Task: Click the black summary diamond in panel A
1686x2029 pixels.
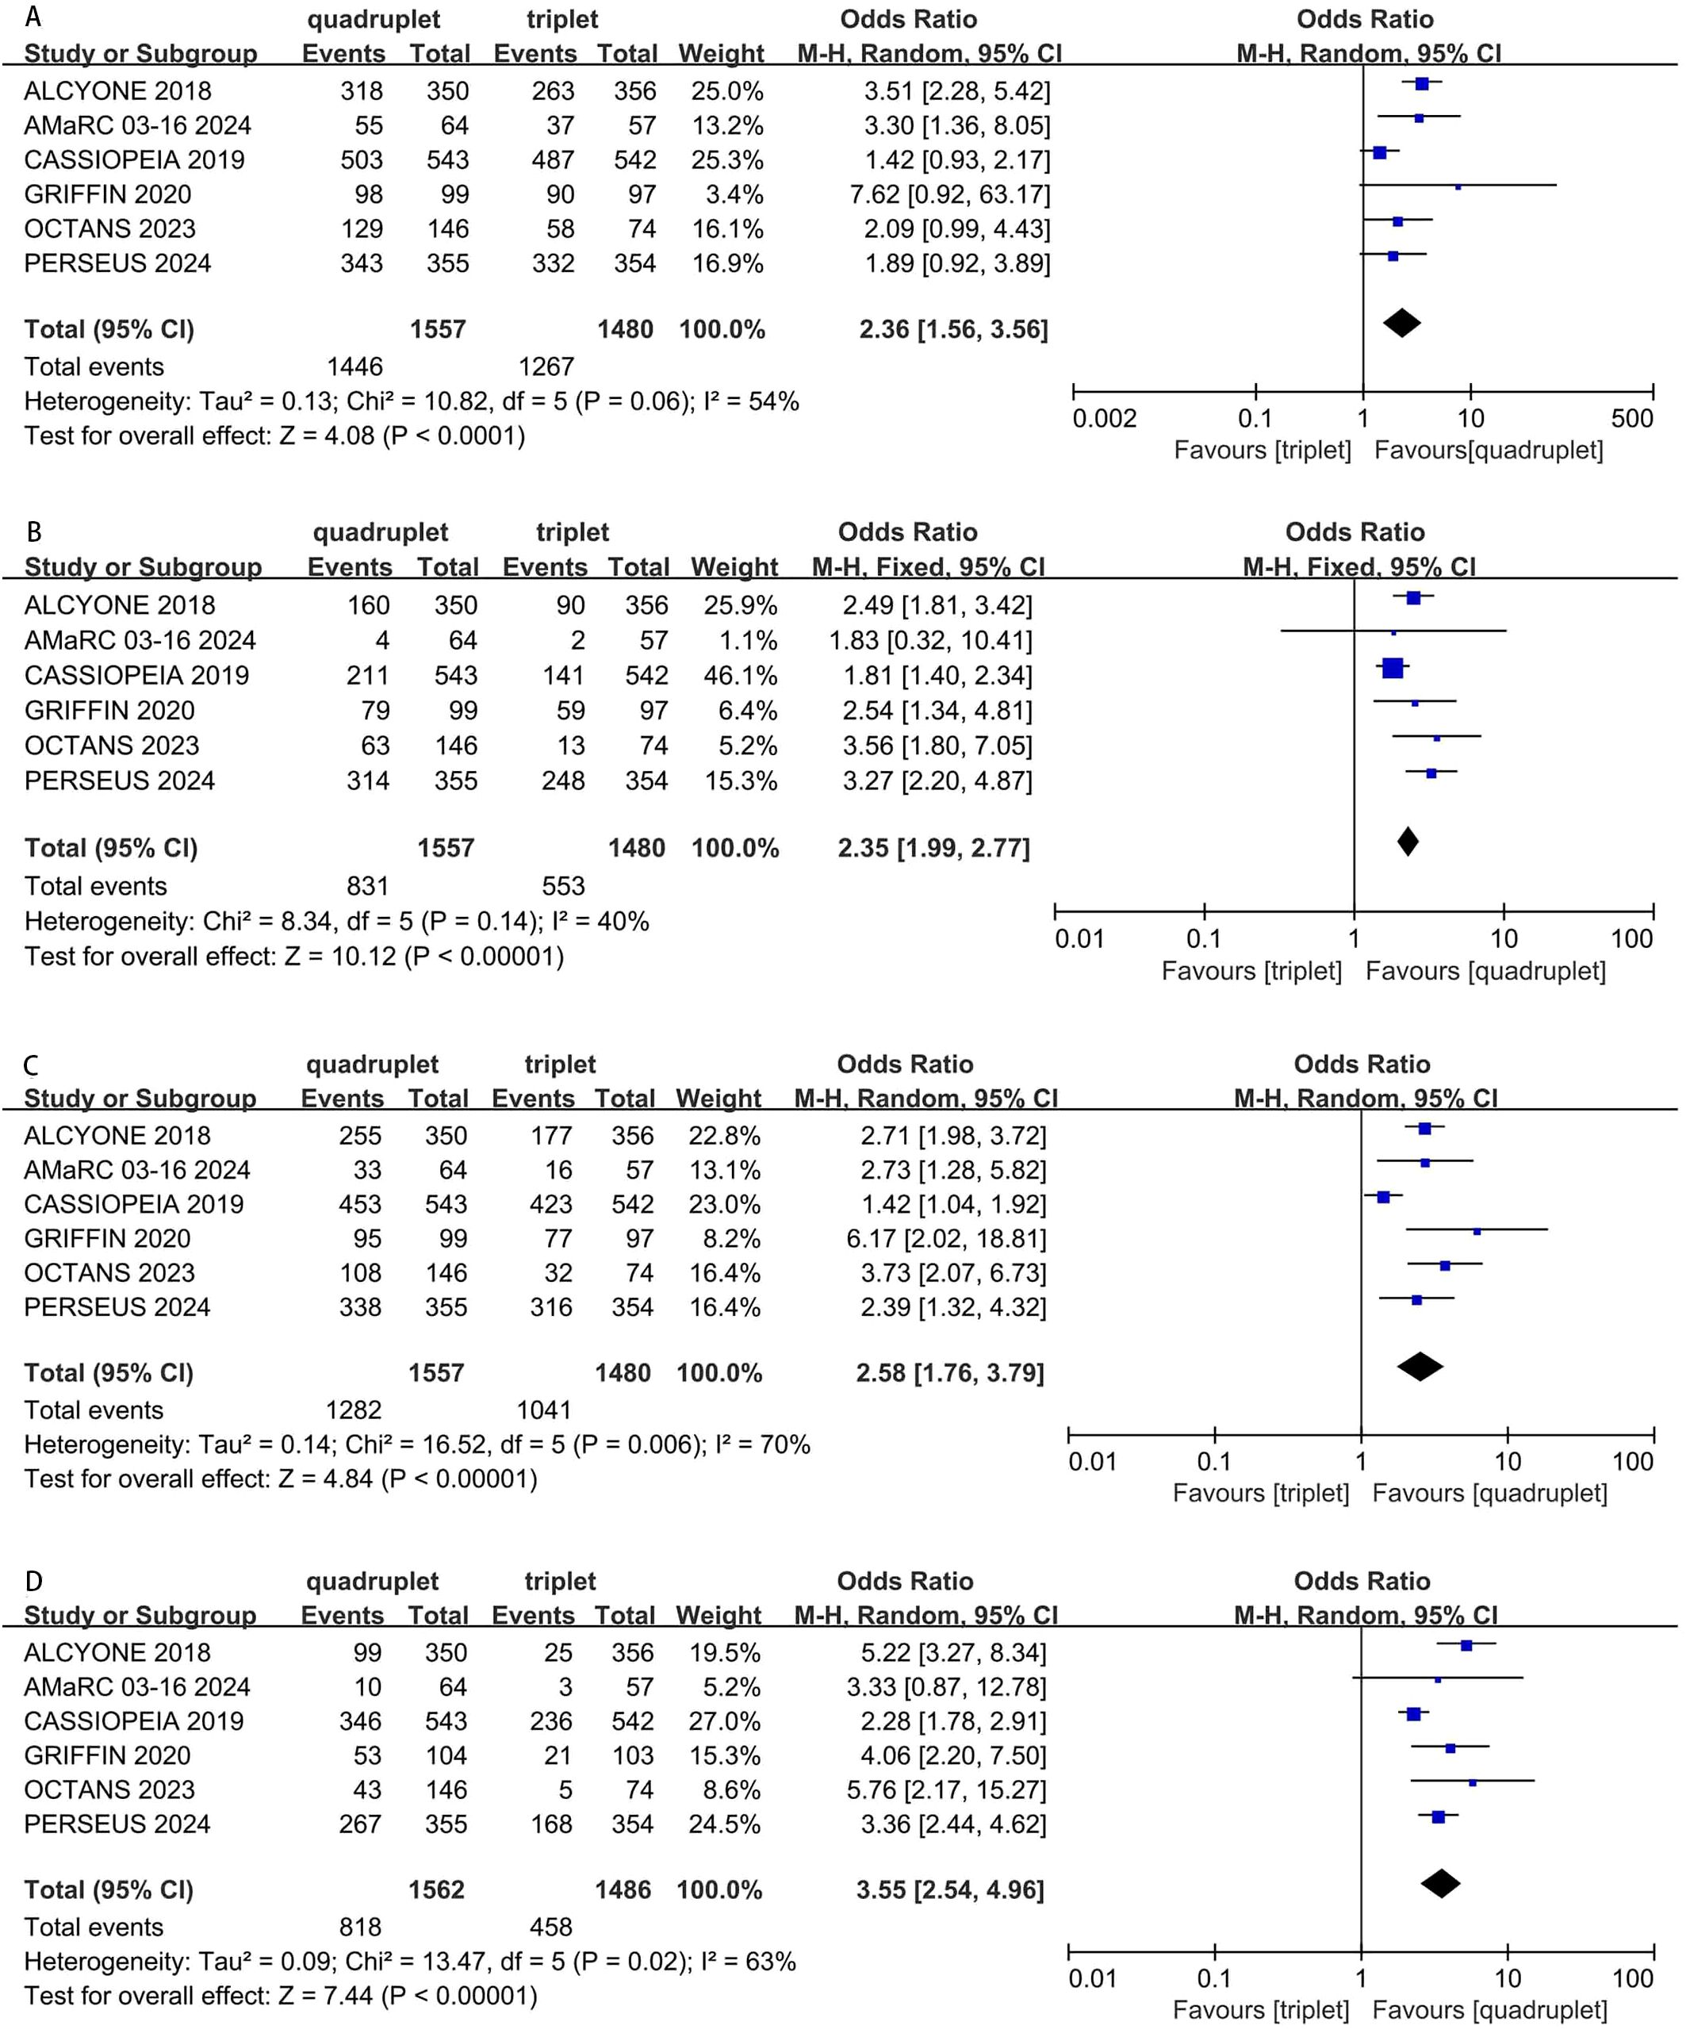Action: pyautogui.click(x=1401, y=323)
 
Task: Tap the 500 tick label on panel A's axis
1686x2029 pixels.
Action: pyautogui.click(x=1632, y=418)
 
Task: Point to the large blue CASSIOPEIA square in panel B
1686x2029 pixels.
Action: pyautogui.click(x=1393, y=668)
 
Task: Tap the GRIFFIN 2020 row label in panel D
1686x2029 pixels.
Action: pyautogui.click(x=107, y=1755)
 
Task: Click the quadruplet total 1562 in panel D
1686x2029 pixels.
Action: pyautogui.click(x=437, y=1889)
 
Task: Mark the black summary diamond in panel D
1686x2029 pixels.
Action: pyautogui.click(x=1441, y=1883)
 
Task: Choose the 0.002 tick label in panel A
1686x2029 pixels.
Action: pyautogui.click(x=1105, y=418)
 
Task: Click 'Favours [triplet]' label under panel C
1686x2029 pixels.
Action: pyautogui.click(x=1260, y=1493)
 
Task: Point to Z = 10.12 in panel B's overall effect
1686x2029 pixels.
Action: pyautogui.click(x=339, y=957)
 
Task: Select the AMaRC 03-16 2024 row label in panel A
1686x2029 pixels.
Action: pyautogui.click(x=137, y=125)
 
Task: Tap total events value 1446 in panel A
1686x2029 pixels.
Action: pyautogui.click(x=354, y=367)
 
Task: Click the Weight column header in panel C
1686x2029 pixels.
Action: pyautogui.click(x=718, y=1099)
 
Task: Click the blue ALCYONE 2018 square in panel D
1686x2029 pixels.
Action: pyautogui.click(x=1466, y=1645)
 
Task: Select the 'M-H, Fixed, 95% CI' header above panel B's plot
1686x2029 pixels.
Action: pyautogui.click(x=1358, y=567)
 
